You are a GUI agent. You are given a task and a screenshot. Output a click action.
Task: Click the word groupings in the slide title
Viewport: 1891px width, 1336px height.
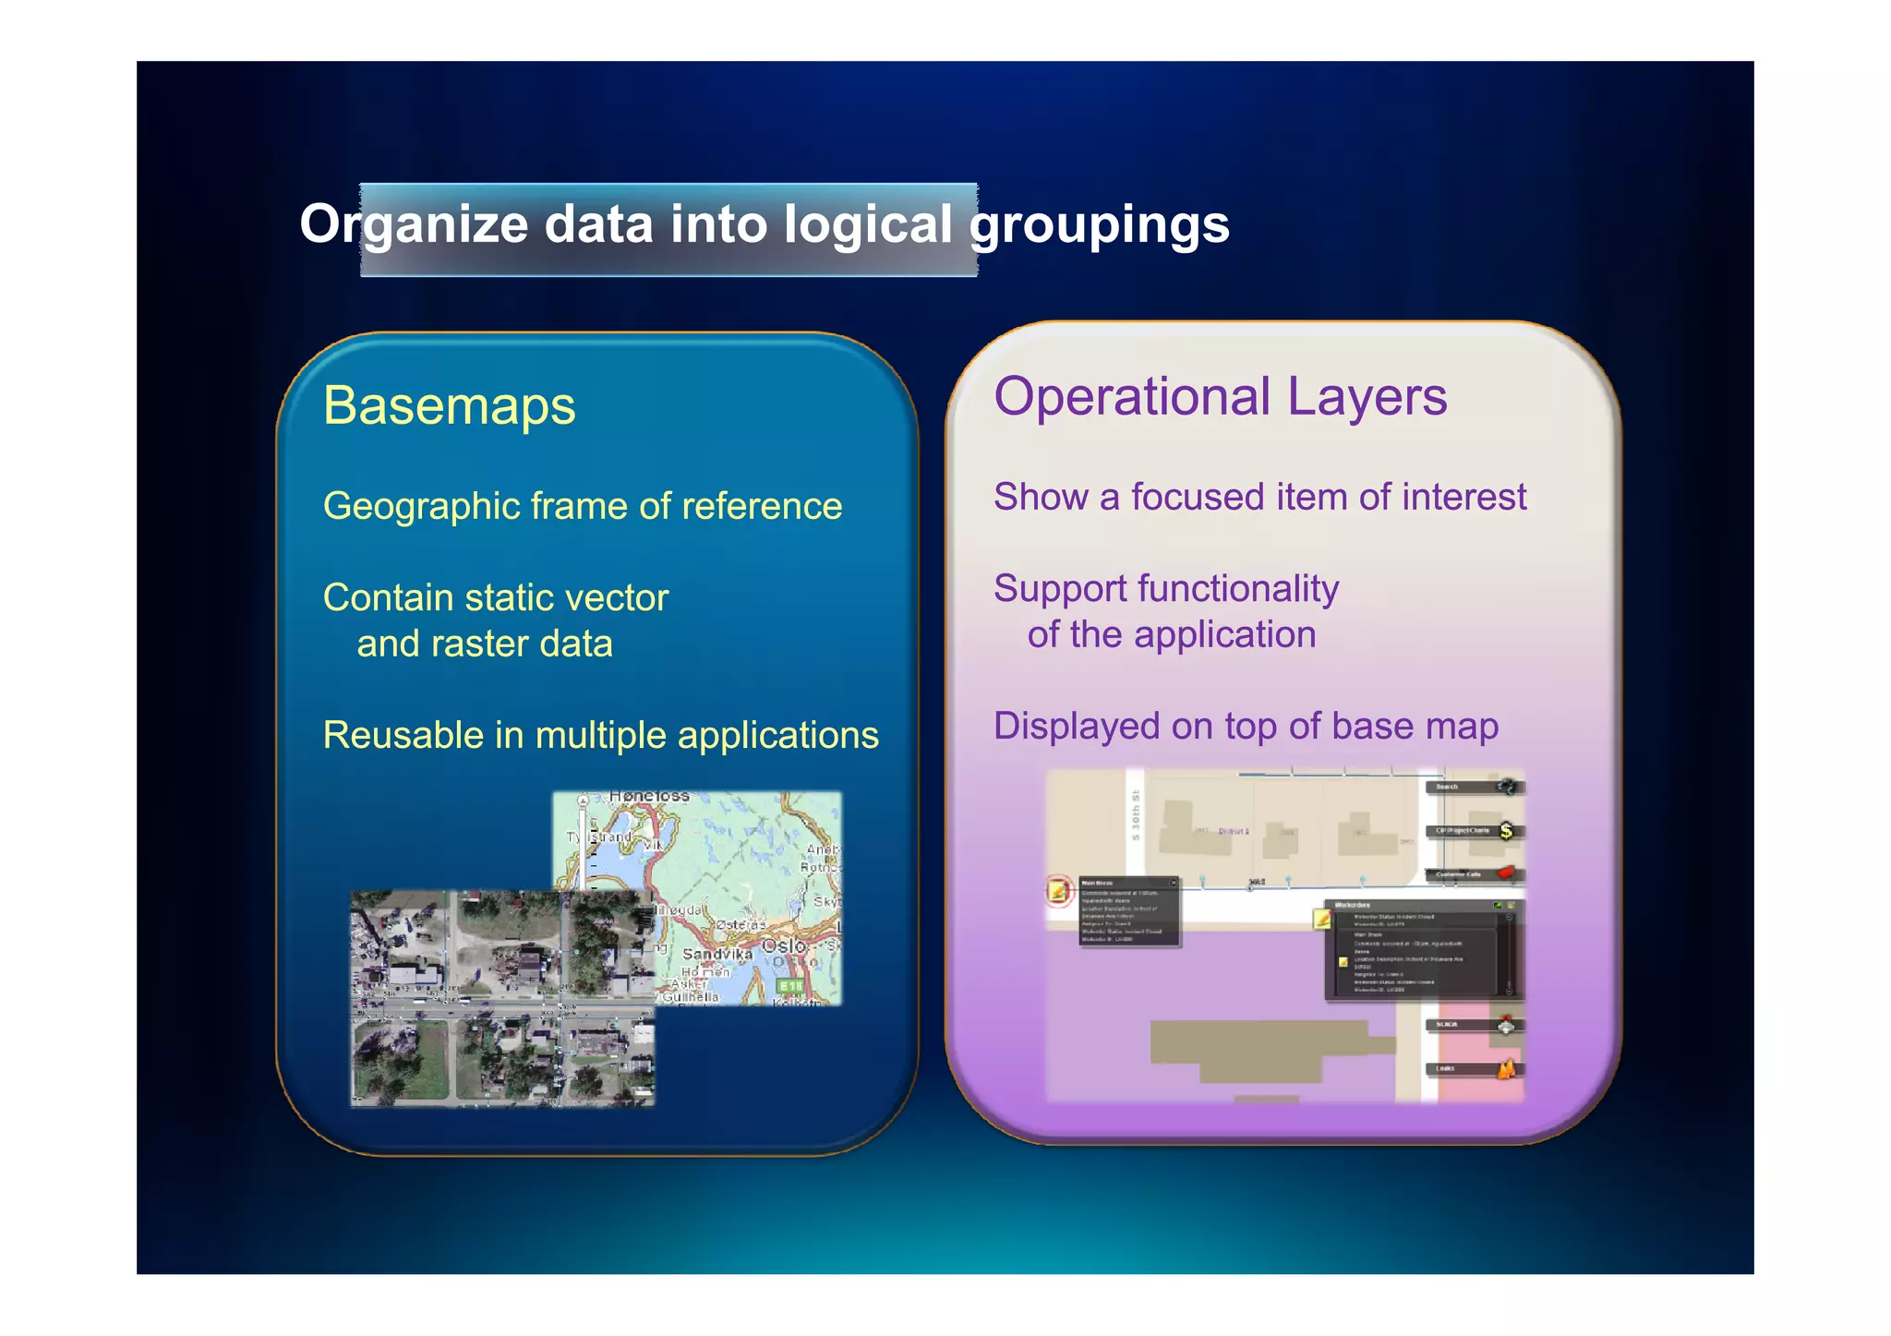pos(1099,224)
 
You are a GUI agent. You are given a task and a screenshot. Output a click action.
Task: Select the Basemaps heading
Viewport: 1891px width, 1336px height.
pos(449,405)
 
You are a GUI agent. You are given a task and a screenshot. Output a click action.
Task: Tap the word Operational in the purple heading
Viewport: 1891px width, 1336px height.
pos(1132,397)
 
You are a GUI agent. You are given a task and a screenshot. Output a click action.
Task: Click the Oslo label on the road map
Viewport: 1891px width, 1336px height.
pos(784,946)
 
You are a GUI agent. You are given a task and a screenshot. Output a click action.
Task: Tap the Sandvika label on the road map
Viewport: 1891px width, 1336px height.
pos(717,954)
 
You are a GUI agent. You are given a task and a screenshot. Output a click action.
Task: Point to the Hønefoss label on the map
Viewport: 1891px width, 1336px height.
pos(649,796)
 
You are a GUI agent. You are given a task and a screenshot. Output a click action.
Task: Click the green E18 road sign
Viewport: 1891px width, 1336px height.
pos(790,987)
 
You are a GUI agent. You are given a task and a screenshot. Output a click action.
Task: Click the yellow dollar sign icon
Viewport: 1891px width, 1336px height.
pos(1506,831)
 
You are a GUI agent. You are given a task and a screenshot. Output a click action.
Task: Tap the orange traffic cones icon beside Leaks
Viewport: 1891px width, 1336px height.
pos(1506,1069)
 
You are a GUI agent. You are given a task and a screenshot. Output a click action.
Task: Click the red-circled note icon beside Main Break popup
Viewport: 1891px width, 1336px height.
pos(1058,891)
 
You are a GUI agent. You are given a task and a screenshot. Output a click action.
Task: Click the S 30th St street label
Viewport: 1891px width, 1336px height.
pos(1135,814)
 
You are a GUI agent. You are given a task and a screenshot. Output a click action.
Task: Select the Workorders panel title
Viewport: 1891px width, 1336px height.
pos(1353,905)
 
